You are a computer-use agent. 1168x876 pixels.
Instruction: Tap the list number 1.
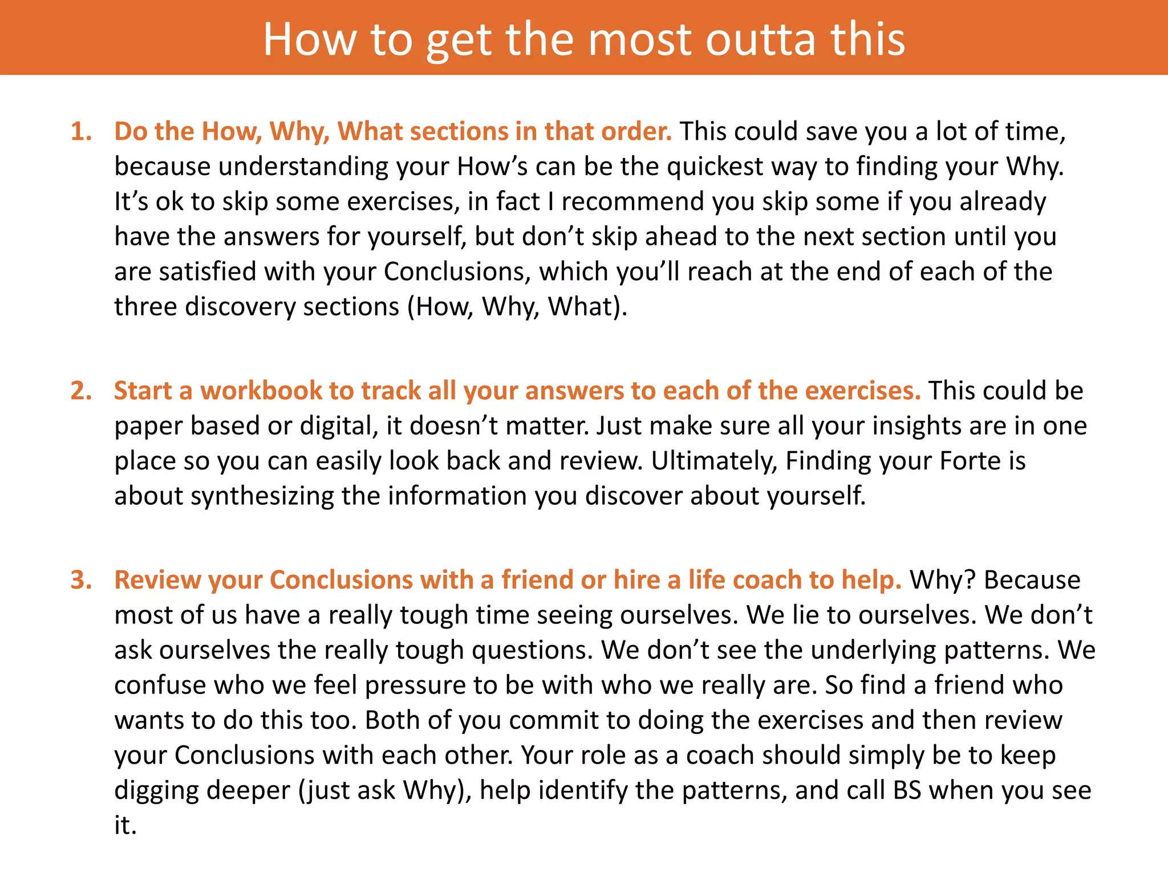(x=80, y=132)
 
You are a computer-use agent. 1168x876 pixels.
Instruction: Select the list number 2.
(x=80, y=391)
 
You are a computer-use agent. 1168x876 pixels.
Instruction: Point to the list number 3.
(x=80, y=580)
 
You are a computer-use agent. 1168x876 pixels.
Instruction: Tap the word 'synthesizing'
(x=262, y=496)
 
